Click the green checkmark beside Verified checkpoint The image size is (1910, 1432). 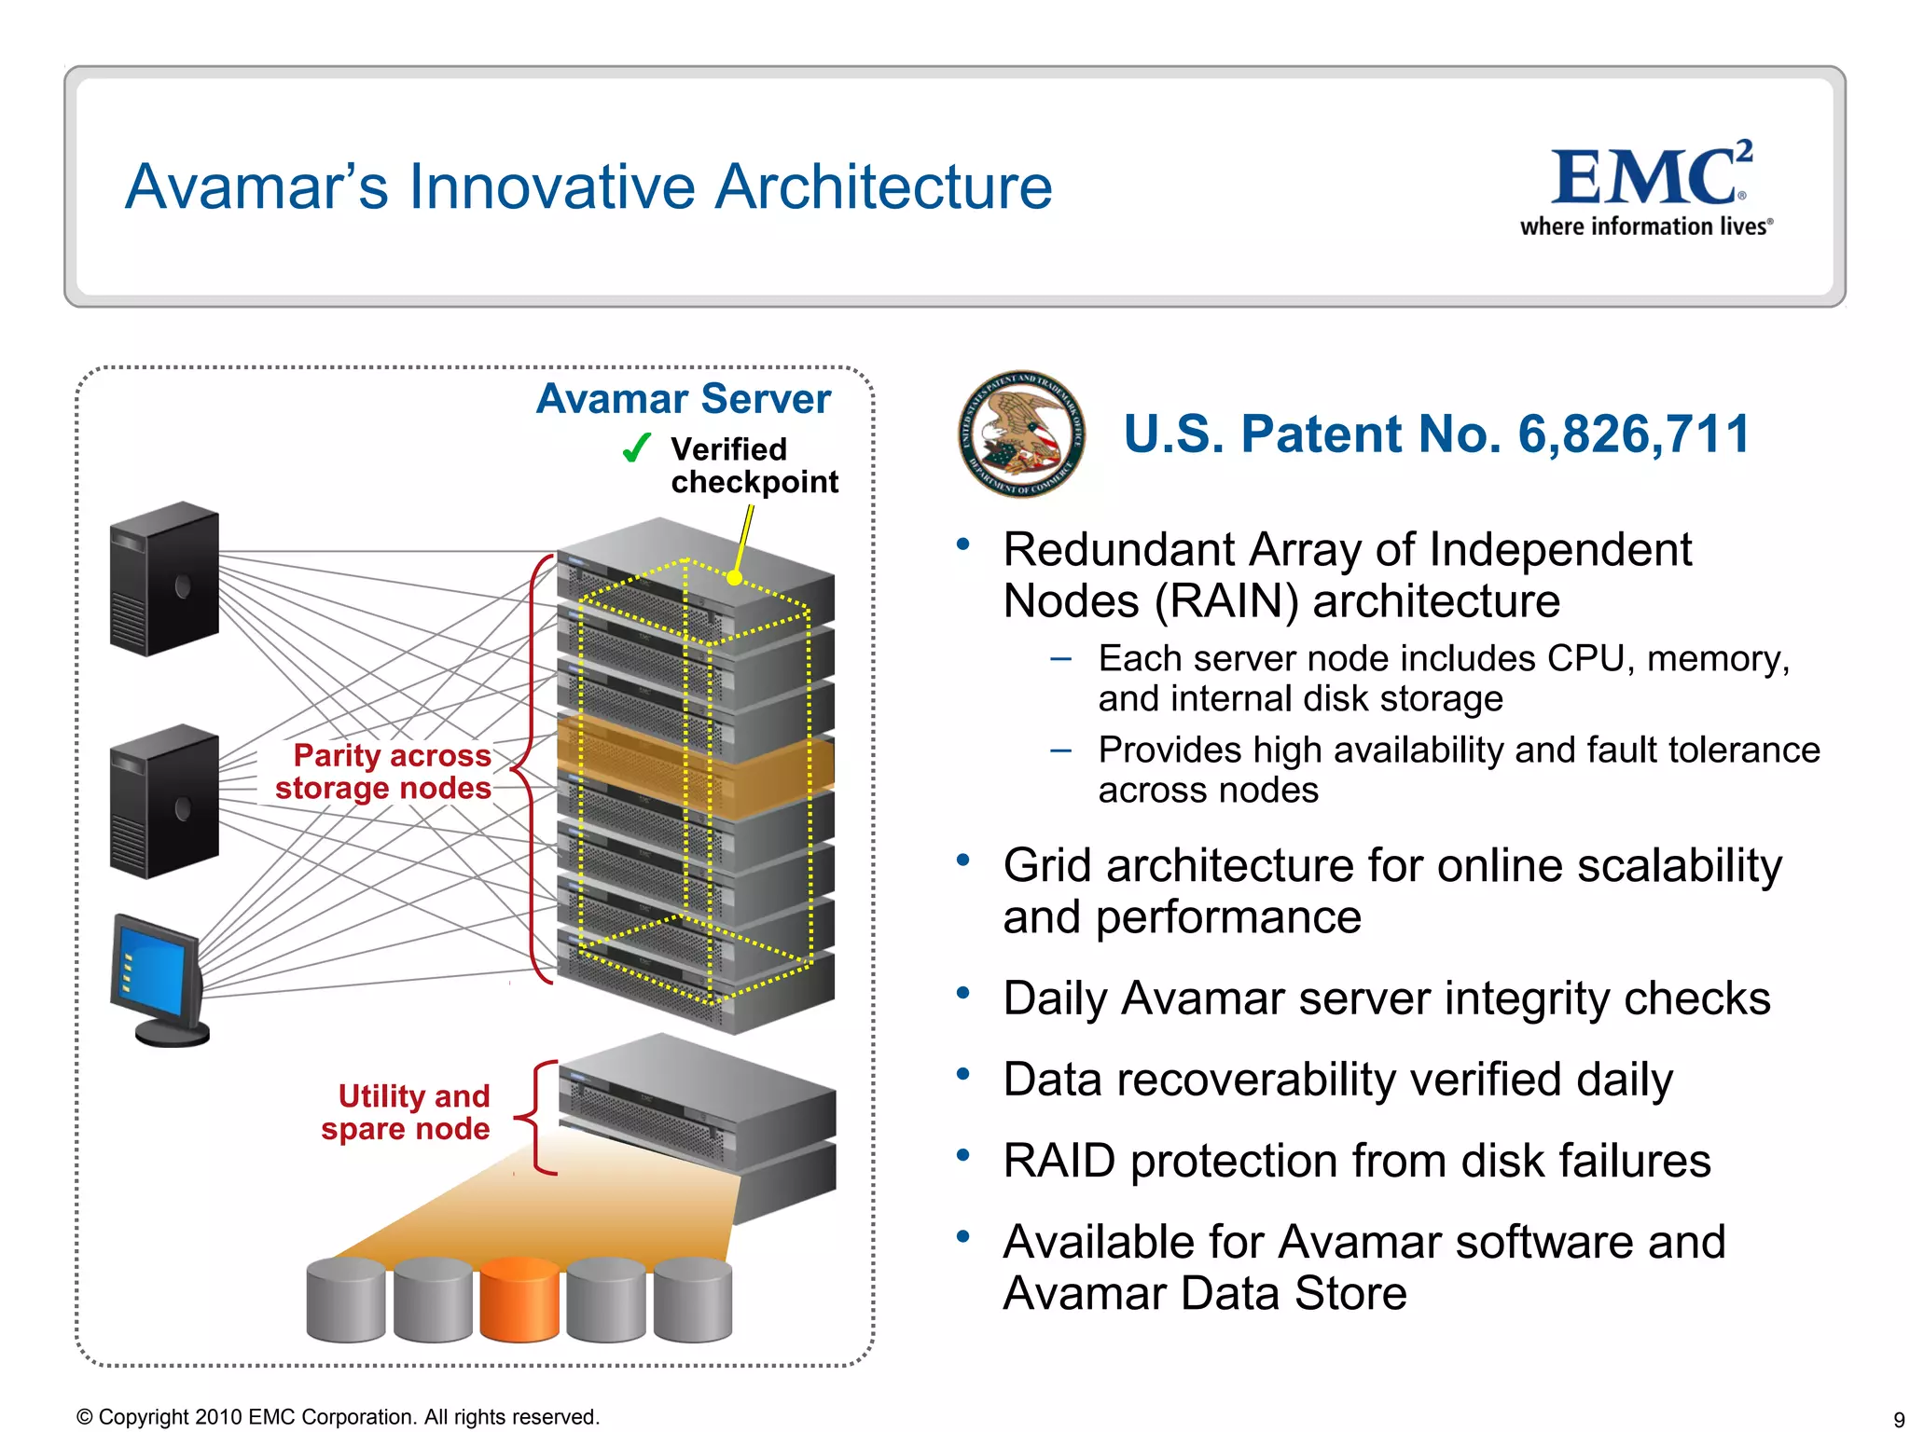click(636, 448)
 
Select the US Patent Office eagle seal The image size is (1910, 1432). click(1021, 434)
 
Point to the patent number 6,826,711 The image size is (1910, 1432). click(1633, 434)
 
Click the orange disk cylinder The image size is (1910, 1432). click(519, 1300)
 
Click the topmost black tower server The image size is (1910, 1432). click(164, 579)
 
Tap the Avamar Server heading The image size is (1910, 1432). click(683, 399)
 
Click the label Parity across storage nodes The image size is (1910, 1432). click(383, 771)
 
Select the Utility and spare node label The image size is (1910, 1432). click(407, 1112)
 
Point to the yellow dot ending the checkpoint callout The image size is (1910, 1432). click(735, 578)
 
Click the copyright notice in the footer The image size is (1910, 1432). click(338, 1417)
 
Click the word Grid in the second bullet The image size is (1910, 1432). click(1047, 866)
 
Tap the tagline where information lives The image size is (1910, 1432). click(1645, 227)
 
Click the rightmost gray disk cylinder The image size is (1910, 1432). click(693, 1300)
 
